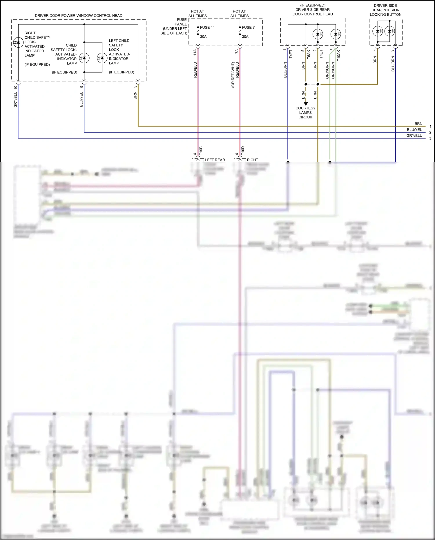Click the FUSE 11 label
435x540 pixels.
coord(207,28)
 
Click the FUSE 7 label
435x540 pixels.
coord(248,28)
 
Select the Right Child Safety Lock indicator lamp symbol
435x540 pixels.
coord(18,42)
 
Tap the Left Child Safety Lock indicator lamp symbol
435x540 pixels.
coord(102,58)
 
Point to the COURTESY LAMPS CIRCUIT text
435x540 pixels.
coord(305,113)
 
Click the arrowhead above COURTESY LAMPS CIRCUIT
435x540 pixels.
coord(306,104)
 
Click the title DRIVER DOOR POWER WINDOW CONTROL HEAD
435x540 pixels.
coord(79,16)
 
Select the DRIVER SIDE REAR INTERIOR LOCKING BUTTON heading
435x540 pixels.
coord(385,10)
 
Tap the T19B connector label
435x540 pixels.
coord(201,151)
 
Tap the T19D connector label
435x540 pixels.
coord(243,151)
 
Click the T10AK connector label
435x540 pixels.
coord(339,55)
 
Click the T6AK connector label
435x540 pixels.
coord(309,54)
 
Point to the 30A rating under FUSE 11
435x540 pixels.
coord(203,37)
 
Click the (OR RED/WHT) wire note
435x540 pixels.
coord(233,75)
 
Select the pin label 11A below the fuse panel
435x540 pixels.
coord(195,52)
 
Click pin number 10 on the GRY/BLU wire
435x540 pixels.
coord(16,87)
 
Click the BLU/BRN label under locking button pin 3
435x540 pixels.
coord(393,64)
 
